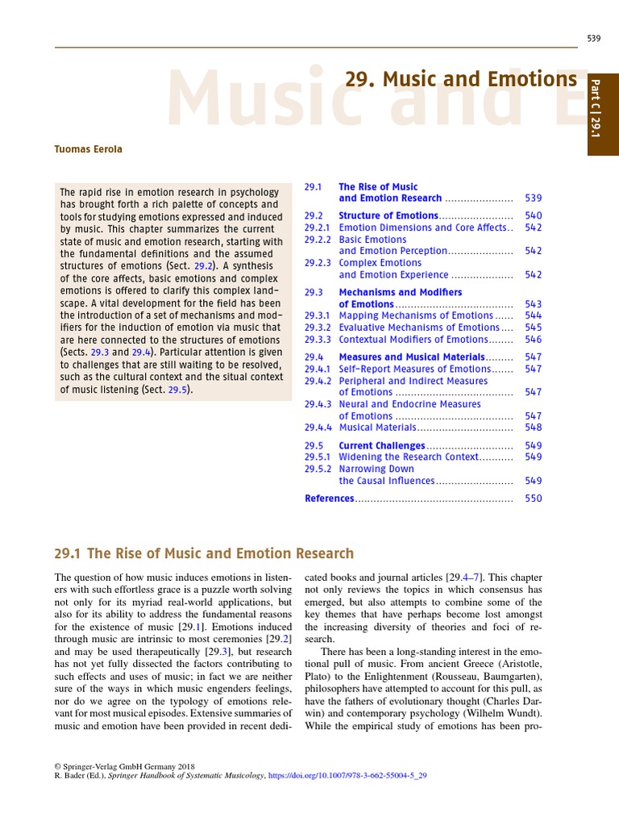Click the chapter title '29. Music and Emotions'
tap(461, 79)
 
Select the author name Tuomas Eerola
tap(89, 149)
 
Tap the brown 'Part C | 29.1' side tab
tap(596, 115)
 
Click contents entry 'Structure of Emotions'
tap(388, 216)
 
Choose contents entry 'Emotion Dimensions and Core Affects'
tap(423, 227)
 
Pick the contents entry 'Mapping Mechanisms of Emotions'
tap(416, 316)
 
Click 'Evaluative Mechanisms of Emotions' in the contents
tap(419, 327)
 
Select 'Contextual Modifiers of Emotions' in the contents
tap(413, 340)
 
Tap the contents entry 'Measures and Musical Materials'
tap(412, 357)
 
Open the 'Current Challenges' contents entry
tap(382, 445)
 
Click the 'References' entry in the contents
tap(330, 499)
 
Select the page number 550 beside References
tap(533, 499)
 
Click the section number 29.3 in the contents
tap(314, 293)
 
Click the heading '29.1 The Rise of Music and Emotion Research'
tap(204, 553)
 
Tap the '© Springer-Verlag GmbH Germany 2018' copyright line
tap(119, 766)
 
